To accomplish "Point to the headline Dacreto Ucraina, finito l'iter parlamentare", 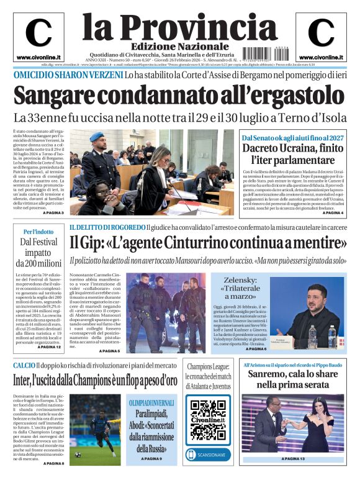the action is [x=291, y=154].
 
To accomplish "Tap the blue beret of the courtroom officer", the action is [x=96, y=137].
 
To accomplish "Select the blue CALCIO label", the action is [x=25, y=365].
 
